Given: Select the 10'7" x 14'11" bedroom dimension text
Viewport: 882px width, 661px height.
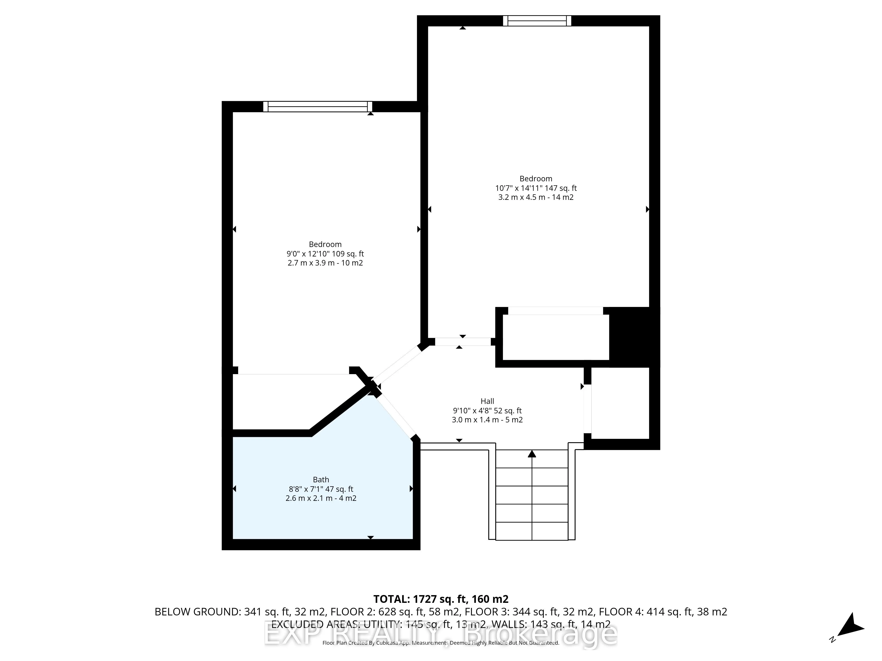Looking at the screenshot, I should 536,188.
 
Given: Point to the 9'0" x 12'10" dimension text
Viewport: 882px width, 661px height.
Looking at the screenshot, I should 325,254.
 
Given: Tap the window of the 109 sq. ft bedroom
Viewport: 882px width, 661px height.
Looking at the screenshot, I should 317,106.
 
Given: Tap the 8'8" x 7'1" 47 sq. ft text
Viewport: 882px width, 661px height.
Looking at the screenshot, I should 321,489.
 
